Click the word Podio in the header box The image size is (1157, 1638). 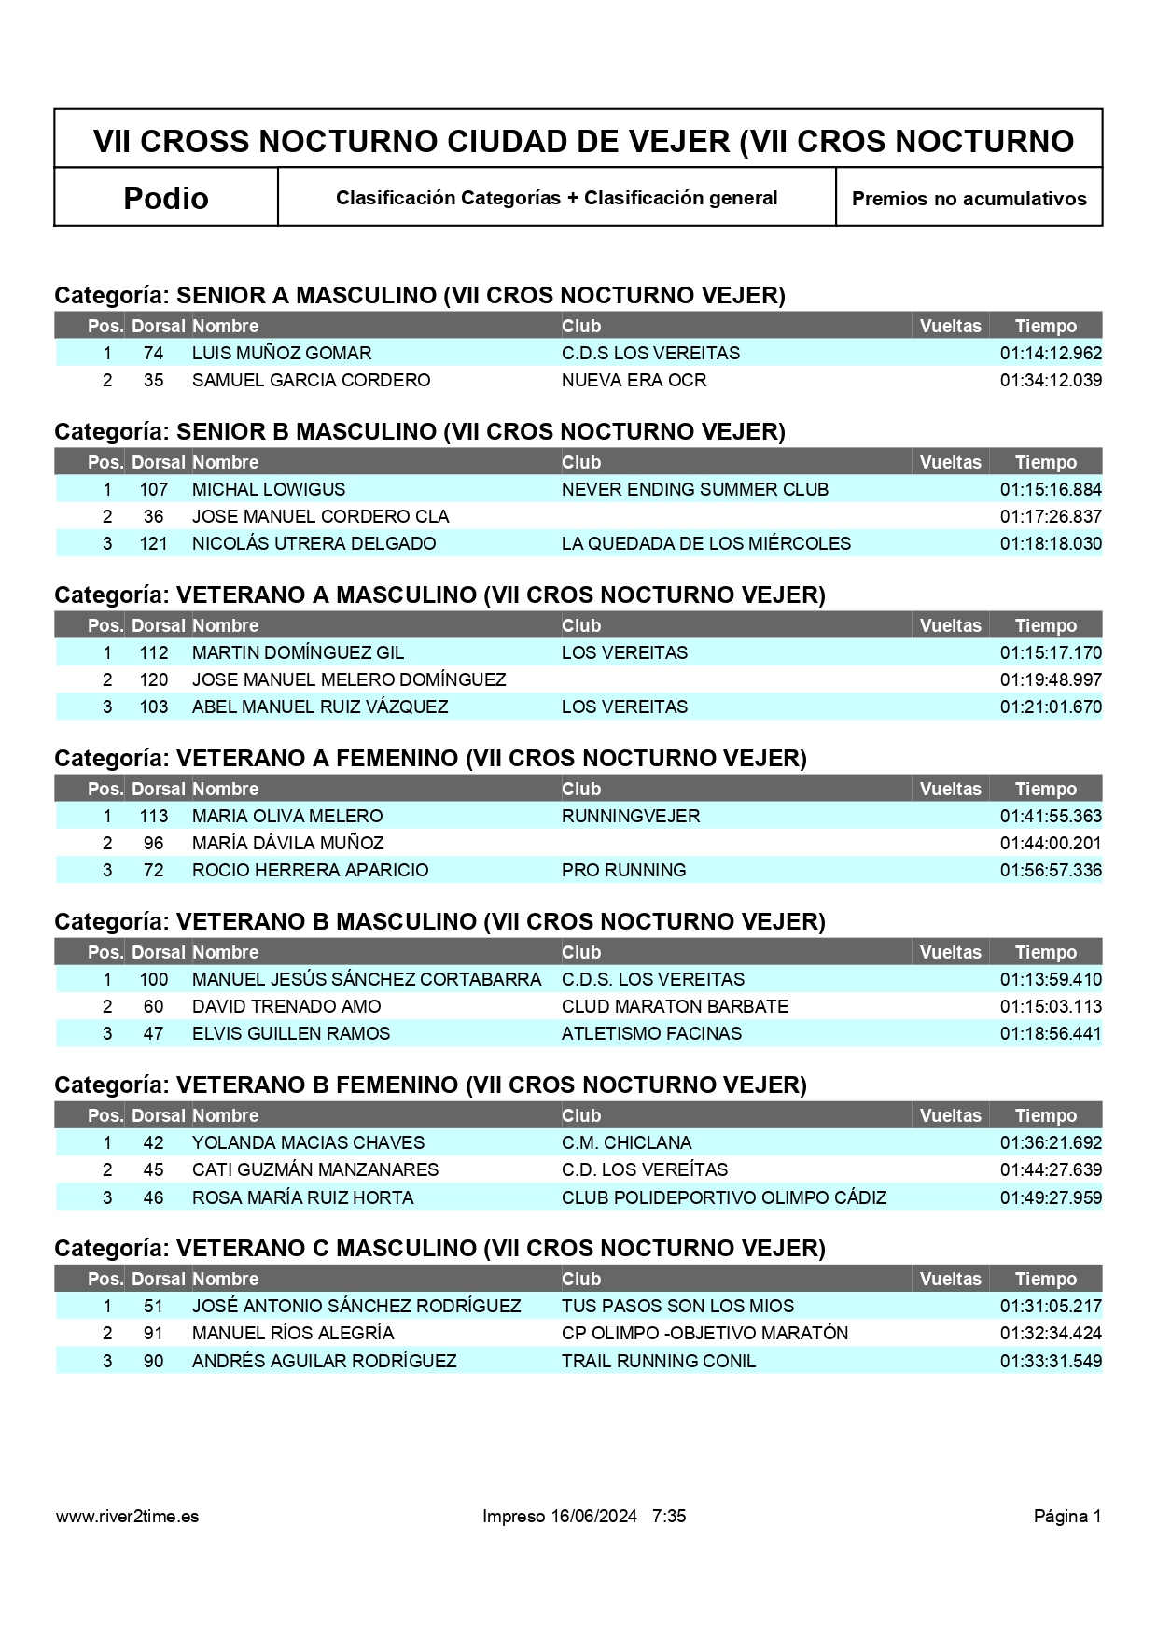[166, 198]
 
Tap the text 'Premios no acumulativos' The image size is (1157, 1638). [969, 199]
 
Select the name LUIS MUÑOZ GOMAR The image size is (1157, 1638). [282, 353]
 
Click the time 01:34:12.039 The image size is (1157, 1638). [1051, 380]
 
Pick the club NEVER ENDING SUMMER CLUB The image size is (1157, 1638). [694, 489]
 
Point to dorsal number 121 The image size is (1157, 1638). [154, 543]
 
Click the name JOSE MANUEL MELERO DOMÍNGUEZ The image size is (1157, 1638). [349, 679]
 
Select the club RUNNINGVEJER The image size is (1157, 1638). [630, 816]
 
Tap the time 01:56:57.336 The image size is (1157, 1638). [1051, 870]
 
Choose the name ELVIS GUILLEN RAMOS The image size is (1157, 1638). [291, 1033]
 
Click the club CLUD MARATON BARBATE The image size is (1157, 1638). [675, 1006]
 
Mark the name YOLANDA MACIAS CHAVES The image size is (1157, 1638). [308, 1142]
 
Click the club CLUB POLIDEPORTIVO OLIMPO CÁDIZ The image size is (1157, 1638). [723, 1197]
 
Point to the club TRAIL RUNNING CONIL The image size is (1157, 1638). [658, 1361]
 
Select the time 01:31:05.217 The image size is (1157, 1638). [1051, 1306]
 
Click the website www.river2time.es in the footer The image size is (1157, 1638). [127, 1516]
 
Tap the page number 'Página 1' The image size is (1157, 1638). [1066, 1516]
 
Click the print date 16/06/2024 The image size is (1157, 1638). [593, 1516]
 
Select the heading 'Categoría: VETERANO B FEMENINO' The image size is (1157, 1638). [430, 1085]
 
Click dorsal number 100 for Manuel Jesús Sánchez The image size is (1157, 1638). [154, 979]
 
